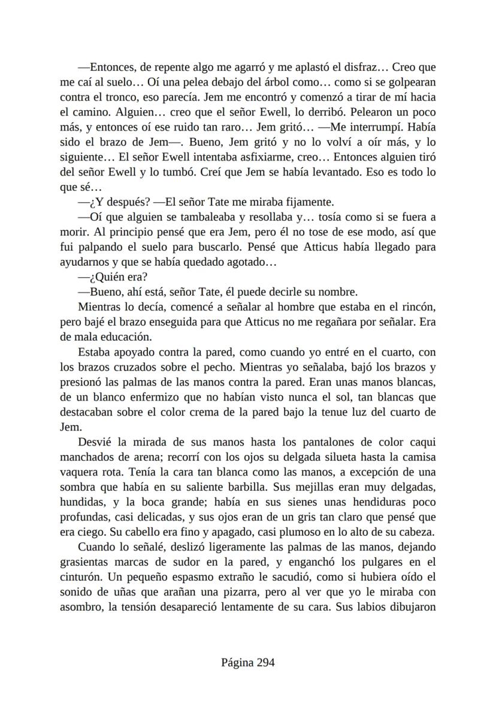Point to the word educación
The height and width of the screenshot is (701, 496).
coord(126,336)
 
